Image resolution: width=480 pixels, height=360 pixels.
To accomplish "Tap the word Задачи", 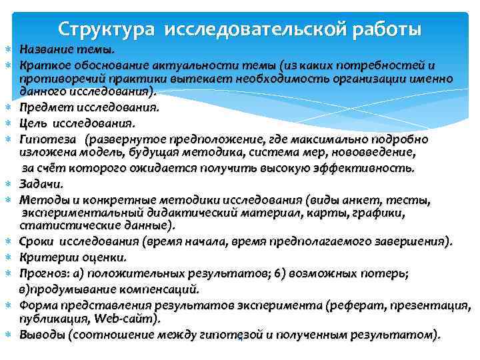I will [40, 183].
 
